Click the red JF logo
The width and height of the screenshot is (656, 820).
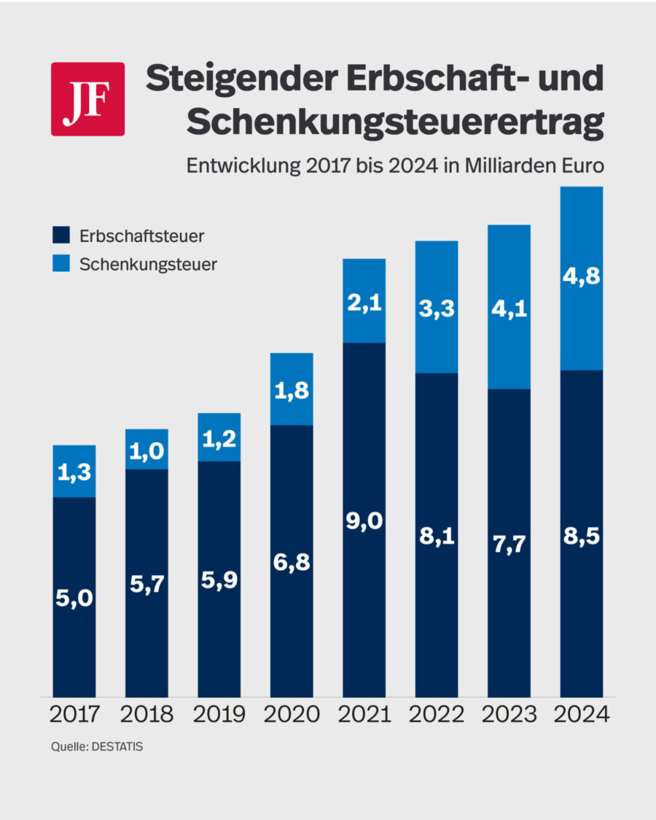click(x=87, y=99)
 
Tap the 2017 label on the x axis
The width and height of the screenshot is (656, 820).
click(x=74, y=714)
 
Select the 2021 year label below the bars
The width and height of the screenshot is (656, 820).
click(x=364, y=714)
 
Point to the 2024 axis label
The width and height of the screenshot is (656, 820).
click(x=581, y=714)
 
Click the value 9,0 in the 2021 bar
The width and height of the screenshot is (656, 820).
click(x=364, y=522)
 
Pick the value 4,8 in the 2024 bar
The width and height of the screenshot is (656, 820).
click(x=581, y=278)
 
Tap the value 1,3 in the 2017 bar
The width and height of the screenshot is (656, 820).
click(x=74, y=472)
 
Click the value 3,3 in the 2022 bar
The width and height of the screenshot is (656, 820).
click(x=436, y=308)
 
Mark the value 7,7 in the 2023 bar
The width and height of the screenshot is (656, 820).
click(x=509, y=544)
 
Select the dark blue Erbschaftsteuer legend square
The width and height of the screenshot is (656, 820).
click(x=60, y=235)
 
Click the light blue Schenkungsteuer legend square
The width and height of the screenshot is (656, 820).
click(x=60, y=264)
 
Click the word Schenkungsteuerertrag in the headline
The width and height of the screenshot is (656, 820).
click(x=395, y=123)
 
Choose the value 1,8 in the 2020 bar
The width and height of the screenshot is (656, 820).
click(x=292, y=391)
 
